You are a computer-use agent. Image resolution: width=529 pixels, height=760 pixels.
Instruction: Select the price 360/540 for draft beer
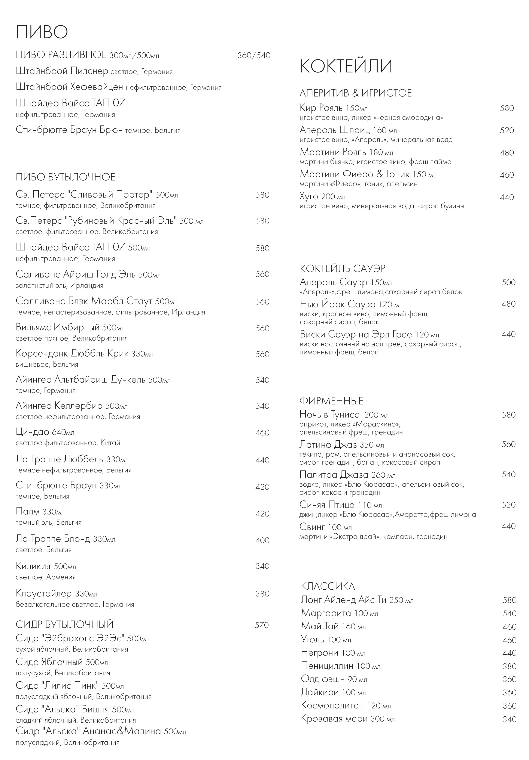(x=254, y=55)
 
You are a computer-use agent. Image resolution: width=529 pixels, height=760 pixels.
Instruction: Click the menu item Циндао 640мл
(x=45, y=432)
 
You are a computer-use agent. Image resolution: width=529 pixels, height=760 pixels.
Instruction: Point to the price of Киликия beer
(x=262, y=566)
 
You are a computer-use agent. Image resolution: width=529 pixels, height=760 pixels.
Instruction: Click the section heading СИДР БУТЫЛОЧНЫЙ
(x=65, y=625)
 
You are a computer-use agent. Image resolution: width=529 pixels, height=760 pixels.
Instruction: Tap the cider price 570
(x=262, y=625)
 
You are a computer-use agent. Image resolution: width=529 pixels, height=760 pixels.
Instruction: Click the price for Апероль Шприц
(x=507, y=130)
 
